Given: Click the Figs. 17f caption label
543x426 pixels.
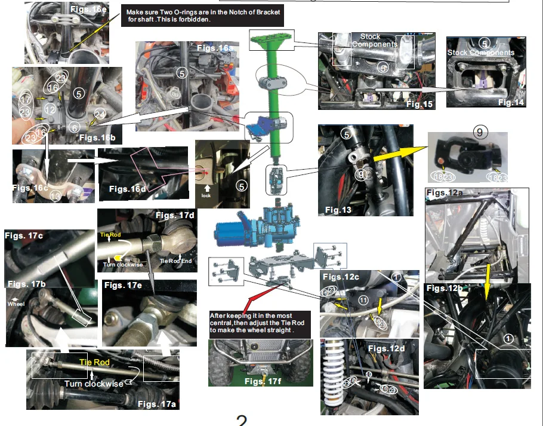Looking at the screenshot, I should pos(261,380).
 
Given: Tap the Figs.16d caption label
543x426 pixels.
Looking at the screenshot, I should pos(129,189).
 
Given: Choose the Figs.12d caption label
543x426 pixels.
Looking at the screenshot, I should pos(387,348).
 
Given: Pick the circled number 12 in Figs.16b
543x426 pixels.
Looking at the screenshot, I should pos(50,109).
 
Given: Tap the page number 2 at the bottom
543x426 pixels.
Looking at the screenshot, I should pos(242,420).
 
